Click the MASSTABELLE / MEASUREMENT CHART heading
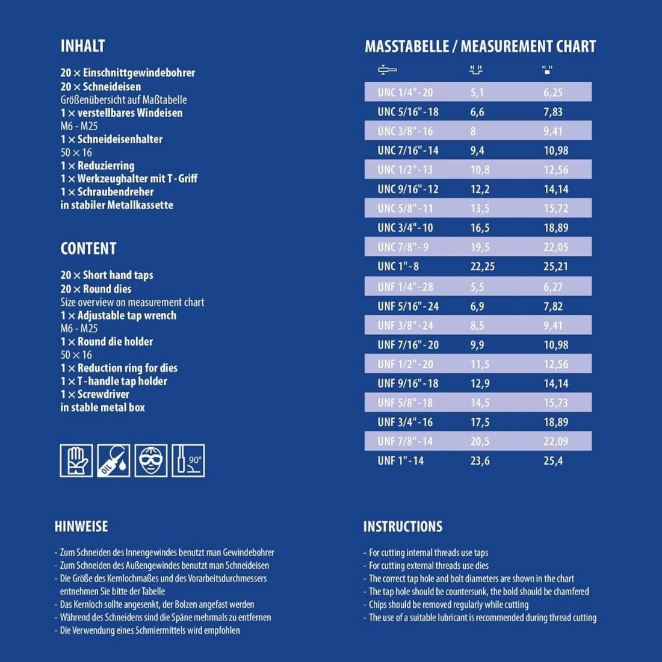480,46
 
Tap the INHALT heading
82,46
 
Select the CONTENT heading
88,248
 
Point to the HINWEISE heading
81,526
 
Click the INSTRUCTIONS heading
403,527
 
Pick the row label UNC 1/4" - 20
405,93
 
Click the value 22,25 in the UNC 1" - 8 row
482,267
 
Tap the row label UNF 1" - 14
400,461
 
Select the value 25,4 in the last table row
553,461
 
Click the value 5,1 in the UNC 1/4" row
477,93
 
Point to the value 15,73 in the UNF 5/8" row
555,403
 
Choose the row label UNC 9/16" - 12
407,189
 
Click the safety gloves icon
76,460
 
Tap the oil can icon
114,460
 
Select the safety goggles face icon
151,460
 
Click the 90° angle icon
188,460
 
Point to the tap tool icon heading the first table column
387,70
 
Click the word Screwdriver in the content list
103,394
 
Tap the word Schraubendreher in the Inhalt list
115,192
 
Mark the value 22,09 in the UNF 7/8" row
555,441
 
